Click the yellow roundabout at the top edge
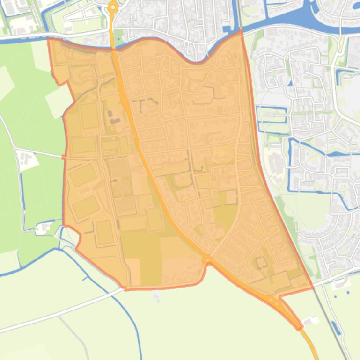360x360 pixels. tap(113, 7)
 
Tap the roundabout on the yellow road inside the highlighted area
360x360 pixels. tap(207, 259)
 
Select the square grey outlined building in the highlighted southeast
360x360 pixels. tap(261, 263)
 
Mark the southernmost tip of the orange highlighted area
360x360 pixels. tap(299, 329)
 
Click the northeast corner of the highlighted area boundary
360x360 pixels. tap(242, 30)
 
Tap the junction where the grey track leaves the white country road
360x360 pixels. tap(59, 316)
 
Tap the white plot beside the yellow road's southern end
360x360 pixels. tap(309, 322)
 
